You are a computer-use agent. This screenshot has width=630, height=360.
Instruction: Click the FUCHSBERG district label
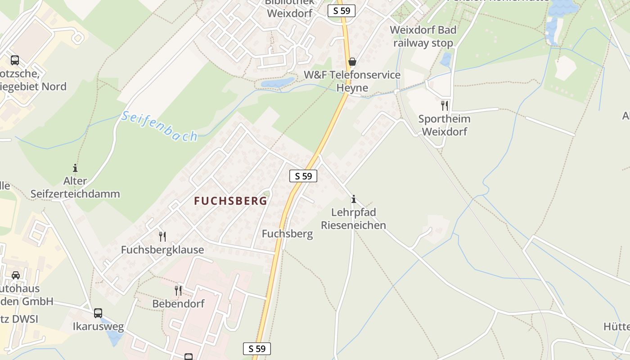(x=230, y=201)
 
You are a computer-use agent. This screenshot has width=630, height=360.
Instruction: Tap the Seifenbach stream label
(x=159, y=126)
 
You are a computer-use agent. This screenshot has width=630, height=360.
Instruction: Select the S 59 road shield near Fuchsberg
(x=303, y=176)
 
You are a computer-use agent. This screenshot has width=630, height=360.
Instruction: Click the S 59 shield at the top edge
(x=342, y=11)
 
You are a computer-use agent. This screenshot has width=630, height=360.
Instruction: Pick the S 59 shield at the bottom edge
(x=257, y=348)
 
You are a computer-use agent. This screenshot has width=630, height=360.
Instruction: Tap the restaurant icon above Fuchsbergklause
(x=162, y=236)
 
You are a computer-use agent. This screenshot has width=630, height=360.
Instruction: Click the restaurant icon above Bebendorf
(x=178, y=291)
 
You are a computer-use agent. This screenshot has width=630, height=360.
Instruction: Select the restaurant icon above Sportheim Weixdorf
(x=445, y=106)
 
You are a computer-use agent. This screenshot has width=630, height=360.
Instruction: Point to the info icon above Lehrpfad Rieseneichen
(x=354, y=199)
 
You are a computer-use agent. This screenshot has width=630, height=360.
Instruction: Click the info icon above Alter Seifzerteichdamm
(x=75, y=168)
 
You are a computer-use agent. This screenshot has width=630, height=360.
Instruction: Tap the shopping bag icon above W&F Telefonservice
(x=352, y=62)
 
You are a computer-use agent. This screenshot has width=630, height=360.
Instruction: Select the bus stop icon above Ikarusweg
(x=98, y=313)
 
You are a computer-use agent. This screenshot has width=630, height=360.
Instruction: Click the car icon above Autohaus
(x=16, y=275)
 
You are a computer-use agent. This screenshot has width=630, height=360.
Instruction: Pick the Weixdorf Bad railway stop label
(x=423, y=36)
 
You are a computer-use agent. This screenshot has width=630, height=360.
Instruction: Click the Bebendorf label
(x=178, y=304)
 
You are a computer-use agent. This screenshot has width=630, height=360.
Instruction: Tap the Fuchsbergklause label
(x=162, y=250)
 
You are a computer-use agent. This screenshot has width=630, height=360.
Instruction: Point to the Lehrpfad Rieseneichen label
(x=353, y=219)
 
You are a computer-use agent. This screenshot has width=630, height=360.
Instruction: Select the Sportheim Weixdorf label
(x=444, y=125)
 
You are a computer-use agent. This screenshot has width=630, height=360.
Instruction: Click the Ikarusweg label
(x=98, y=326)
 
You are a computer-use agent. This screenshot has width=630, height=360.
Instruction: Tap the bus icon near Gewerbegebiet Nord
(x=15, y=60)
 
